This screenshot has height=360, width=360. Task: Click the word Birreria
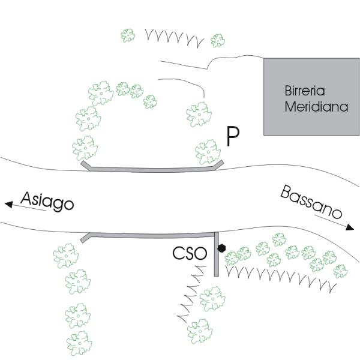pyautogui.click(x=305, y=91)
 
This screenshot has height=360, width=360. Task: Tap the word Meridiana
pyautogui.click(x=316, y=107)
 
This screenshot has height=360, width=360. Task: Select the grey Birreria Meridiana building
pyautogui.click(x=311, y=97)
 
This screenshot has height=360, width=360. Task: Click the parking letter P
pyautogui.click(x=233, y=136)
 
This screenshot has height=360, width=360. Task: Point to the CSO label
pyautogui.click(x=190, y=253)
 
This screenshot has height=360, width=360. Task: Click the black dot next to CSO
pyautogui.click(x=221, y=248)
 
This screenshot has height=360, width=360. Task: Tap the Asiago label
pyautogui.click(x=47, y=202)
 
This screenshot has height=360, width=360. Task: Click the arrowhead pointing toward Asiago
pyautogui.click(x=9, y=204)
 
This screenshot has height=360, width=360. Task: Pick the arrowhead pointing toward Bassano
pyautogui.click(x=350, y=227)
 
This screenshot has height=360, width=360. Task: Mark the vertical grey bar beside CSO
pyautogui.click(x=216, y=254)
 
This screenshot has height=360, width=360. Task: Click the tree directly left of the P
pyautogui.click(x=208, y=152)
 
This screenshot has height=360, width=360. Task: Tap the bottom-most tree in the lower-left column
pyautogui.click(x=79, y=343)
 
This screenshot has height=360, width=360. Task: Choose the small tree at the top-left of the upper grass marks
pyautogui.click(x=128, y=35)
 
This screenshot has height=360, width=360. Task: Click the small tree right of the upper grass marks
pyautogui.click(x=218, y=41)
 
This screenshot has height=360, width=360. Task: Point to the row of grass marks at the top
pyautogui.click(x=175, y=38)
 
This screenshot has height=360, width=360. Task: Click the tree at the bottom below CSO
pyautogui.click(x=200, y=331)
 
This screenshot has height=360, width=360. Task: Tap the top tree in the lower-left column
pyautogui.click(x=66, y=256)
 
